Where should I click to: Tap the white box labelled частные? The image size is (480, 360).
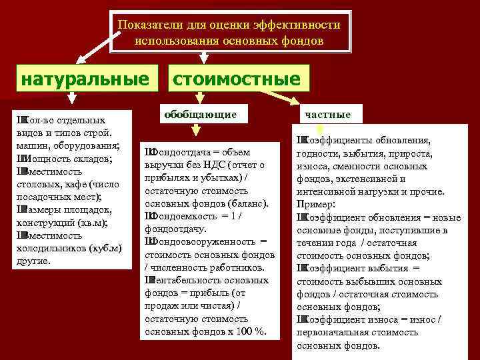click(327, 114)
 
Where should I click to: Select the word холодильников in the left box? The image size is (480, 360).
click(49, 248)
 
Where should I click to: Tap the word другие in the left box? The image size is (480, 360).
click(32, 261)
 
